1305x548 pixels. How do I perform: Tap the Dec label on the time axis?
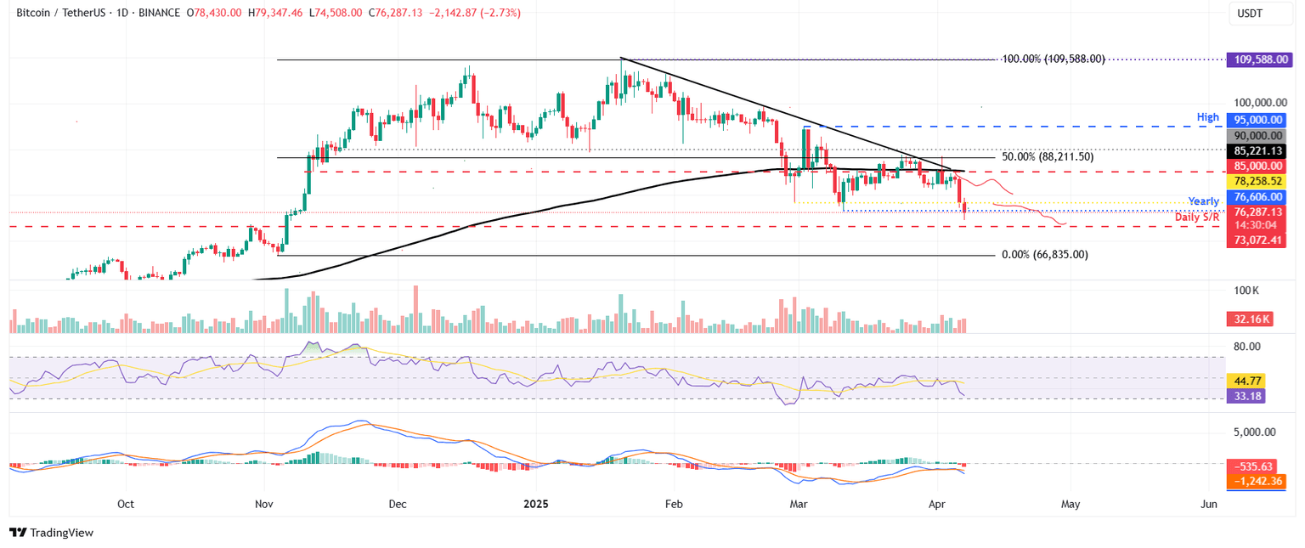(x=397, y=504)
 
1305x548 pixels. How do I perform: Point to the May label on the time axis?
(x=1071, y=504)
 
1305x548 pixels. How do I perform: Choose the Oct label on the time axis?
(x=126, y=504)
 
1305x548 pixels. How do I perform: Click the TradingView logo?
(x=51, y=533)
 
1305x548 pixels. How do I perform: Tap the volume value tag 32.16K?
(x=1248, y=320)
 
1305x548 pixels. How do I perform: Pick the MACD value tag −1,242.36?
(x=1255, y=481)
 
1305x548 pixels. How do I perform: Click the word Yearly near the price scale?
(x=1203, y=201)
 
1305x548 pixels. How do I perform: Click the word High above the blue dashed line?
(x=1208, y=117)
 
